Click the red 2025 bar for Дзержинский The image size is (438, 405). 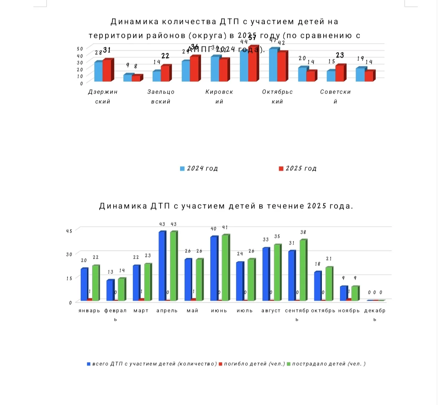click(x=107, y=70)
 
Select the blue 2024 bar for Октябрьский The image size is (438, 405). click(x=273, y=65)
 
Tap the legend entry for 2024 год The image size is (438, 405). click(x=199, y=168)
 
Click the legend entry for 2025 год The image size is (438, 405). click(x=298, y=168)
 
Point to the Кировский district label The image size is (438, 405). click(x=219, y=96)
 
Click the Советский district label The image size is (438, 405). click(x=335, y=96)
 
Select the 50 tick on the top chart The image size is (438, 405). click(x=80, y=49)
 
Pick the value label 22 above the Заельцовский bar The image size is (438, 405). click(x=165, y=56)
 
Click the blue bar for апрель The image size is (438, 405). click(x=162, y=266)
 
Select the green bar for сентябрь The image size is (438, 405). click(x=303, y=270)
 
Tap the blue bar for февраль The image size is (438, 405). click(x=109, y=290)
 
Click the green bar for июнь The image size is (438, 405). click(x=225, y=268)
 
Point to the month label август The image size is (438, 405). click(x=271, y=311)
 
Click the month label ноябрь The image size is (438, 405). click(x=349, y=311)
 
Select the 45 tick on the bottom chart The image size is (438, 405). click(x=69, y=231)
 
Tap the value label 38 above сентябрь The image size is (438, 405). click(x=303, y=232)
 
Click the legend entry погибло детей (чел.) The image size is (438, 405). click(x=252, y=364)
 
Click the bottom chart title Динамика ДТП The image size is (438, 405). click(x=226, y=206)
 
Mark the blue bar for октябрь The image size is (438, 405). click(x=317, y=286)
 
